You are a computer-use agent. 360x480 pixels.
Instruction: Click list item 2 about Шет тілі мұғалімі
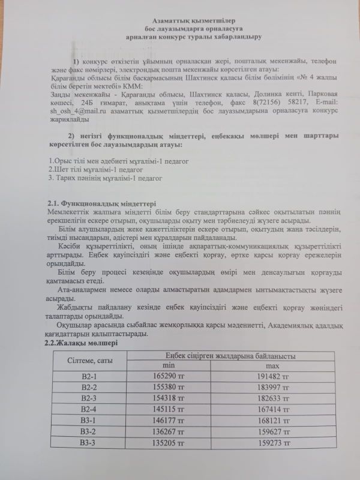click(x=91, y=169)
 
